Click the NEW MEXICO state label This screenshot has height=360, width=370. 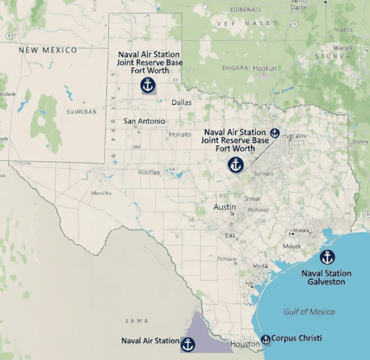[x=48, y=50]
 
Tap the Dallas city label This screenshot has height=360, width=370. [x=182, y=102]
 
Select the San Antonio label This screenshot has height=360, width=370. [x=144, y=121]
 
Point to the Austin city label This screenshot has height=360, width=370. [x=224, y=207]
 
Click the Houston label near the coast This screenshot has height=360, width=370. [x=245, y=344]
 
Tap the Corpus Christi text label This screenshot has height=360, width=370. [x=297, y=338]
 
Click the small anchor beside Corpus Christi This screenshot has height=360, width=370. [x=266, y=339]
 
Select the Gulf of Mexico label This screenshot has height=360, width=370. [x=309, y=312]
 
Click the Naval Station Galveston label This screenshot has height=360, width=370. [x=326, y=278]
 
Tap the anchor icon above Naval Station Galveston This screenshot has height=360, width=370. [x=327, y=257]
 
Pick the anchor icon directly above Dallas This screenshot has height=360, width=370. [x=147, y=85]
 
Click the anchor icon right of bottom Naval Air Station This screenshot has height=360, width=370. [x=188, y=345]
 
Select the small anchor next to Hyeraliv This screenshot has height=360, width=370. [x=274, y=133]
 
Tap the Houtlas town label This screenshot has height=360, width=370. [x=149, y=172]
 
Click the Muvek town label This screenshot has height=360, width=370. [x=292, y=246]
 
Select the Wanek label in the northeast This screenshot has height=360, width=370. [x=342, y=48]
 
